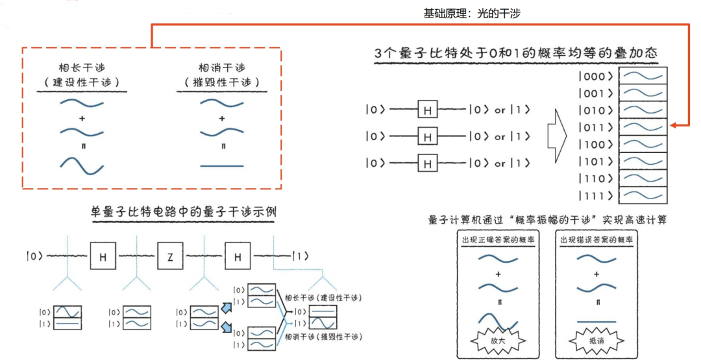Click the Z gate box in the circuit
coord(170,257)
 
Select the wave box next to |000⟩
coord(643,76)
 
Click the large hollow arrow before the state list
coord(558,137)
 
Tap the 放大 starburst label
coord(498,340)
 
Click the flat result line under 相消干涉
coord(222,166)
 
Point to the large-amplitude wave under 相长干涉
coord(82,165)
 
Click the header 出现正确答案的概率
coord(498,240)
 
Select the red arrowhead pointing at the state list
coord(674,125)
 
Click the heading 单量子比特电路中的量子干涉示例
coord(186,211)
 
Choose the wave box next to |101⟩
coord(643,160)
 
